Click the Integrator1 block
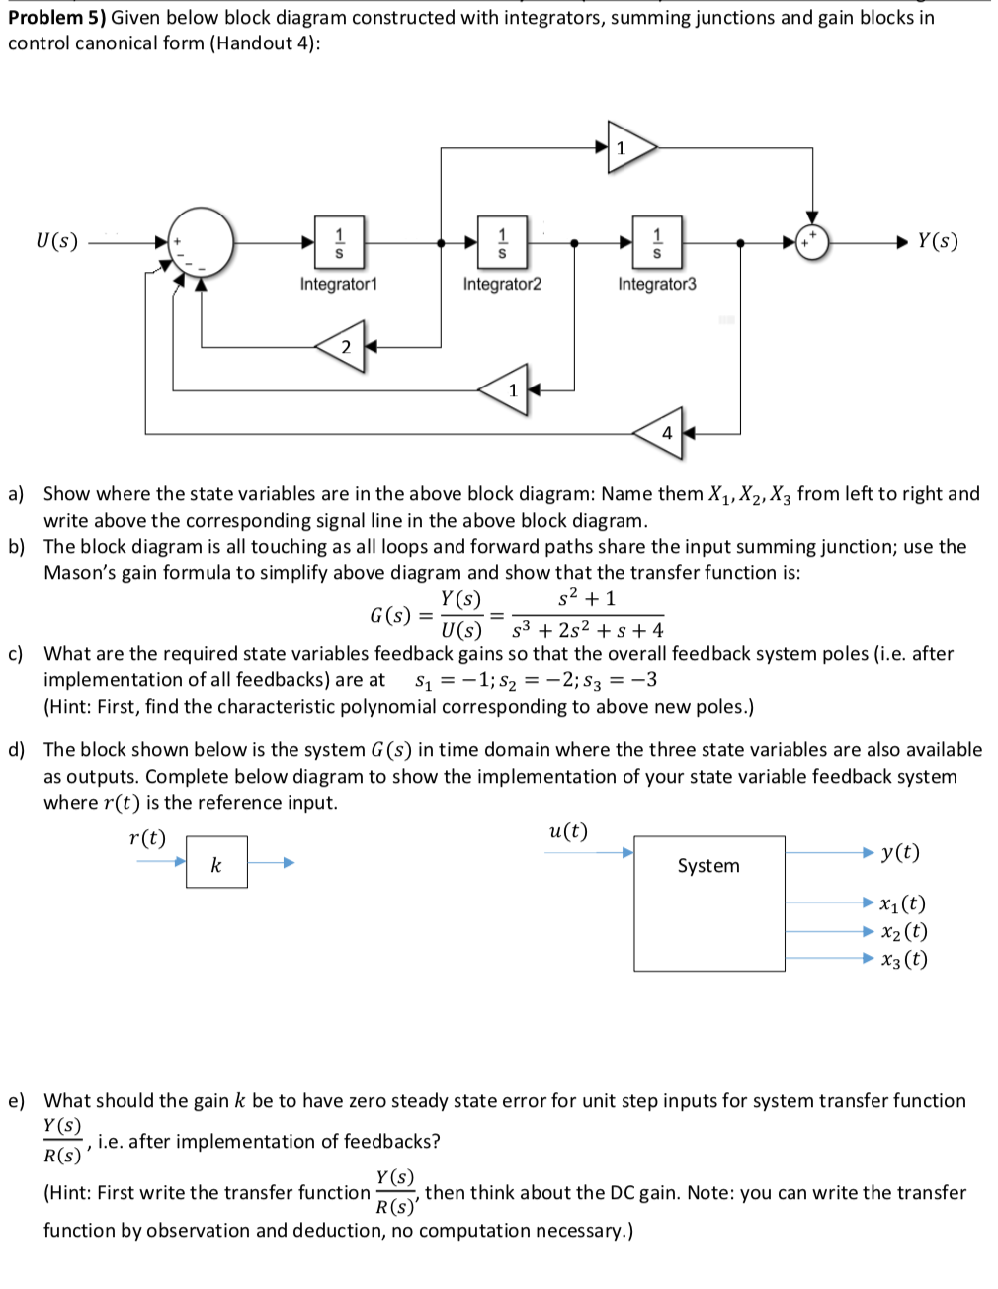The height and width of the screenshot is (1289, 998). tap(339, 242)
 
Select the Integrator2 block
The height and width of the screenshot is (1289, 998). tap(502, 242)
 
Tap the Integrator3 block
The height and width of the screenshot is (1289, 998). tap(657, 242)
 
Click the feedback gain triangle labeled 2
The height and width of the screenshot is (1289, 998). tap(340, 346)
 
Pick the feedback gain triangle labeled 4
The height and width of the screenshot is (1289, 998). tap(659, 433)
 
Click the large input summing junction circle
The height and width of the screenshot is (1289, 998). tap(201, 242)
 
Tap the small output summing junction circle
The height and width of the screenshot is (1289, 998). tap(812, 242)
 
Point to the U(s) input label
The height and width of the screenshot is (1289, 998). tap(57, 241)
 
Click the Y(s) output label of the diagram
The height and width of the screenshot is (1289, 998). tap(938, 241)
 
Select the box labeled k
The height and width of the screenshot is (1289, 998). tap(216, 862)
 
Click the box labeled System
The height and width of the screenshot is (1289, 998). tap(709, 903)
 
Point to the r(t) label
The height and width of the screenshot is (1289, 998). tap(147, 838)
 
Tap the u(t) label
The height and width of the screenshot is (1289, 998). tap(568, 831)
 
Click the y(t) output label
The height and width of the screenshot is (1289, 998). tap(900, 852)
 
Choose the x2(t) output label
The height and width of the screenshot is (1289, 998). tap(904, 931)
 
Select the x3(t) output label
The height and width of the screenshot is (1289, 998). tap(904, 959)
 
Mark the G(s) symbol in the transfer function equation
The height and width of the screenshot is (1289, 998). tap(390, 615)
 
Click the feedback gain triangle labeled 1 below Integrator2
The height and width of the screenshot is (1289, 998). tap(503, 389)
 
